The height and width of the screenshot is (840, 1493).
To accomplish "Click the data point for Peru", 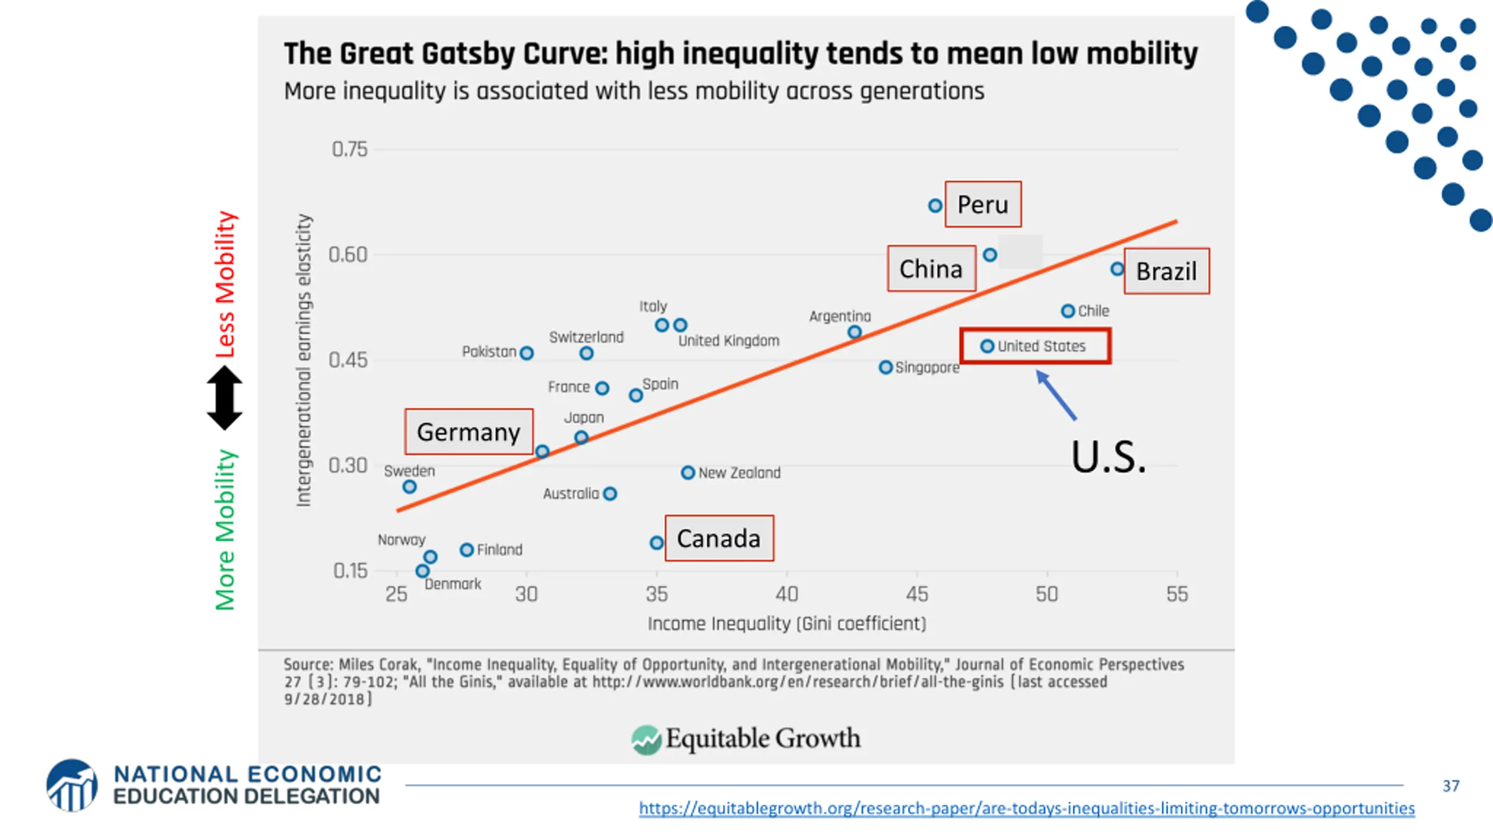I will click(935, 205).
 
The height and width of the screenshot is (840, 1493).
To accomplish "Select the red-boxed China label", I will click(931, 269).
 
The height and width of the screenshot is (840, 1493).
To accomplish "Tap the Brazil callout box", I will click(1166, 271).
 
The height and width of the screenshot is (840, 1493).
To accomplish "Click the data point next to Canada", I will click(657, 543).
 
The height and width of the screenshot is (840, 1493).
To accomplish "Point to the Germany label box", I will click(468, 432).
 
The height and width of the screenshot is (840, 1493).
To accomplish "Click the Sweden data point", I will click(410, 487).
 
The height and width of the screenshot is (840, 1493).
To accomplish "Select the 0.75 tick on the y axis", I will click(349, 149).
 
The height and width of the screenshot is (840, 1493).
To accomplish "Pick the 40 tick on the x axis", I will click(786, 594).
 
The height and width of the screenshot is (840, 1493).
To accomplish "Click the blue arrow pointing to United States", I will click(1056, 395).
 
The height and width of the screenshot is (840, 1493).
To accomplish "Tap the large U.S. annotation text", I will click(1108, 457).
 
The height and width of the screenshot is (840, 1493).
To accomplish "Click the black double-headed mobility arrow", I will click(225, 398).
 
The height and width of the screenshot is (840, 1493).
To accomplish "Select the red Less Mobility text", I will click(225, 285).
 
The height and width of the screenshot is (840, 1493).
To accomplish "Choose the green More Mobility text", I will click(225, 530).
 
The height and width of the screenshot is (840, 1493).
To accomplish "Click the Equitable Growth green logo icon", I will click(646, 740).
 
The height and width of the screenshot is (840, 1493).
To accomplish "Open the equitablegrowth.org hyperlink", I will click(1026, 808).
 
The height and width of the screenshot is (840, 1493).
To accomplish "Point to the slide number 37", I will click(1451, 786).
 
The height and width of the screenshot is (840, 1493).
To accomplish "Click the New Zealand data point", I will click(688, 473).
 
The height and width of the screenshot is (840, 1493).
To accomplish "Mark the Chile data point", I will click(1068, 311).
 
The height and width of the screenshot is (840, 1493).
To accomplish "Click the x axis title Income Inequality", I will click(786, 624).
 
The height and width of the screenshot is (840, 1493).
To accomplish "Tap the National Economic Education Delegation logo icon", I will click(72, 785).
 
